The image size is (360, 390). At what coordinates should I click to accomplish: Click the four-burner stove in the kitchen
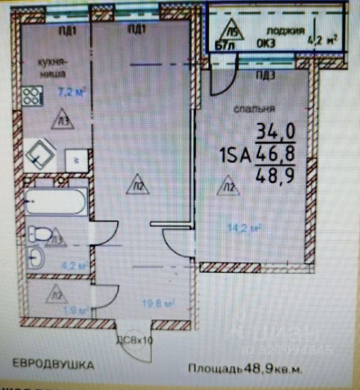tap(31, 96)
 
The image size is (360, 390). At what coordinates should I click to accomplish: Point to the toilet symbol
tap(40, 234)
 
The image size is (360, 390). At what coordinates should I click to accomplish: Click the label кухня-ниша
tap(52, 67)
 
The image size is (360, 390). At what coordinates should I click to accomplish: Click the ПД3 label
tap(266, 75)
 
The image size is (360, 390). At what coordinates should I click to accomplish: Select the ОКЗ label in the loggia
tap(266, 42)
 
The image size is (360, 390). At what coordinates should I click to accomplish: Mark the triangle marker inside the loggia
tap(234, 33)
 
